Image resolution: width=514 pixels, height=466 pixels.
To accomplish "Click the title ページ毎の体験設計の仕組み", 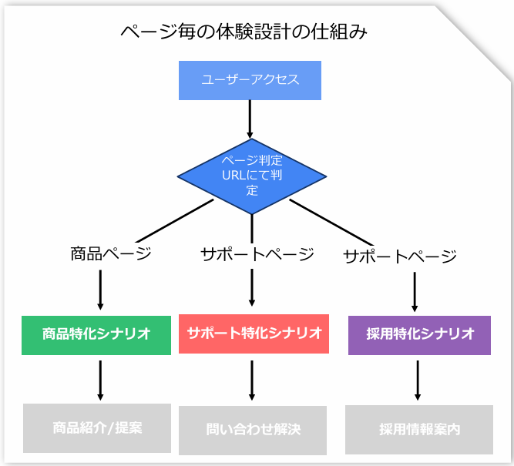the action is pos(244,32).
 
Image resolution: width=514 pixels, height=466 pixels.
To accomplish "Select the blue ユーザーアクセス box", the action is pos(250,80).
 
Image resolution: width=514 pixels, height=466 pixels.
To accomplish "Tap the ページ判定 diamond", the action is pos(252,176).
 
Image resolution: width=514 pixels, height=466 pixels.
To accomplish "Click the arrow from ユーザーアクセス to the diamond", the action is pos(250,119).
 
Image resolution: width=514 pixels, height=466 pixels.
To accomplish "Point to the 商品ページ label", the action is pos(111,253).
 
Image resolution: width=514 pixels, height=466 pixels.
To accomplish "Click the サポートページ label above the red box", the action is pos(257,254).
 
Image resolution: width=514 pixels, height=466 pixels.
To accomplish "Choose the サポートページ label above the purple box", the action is pos(400,256).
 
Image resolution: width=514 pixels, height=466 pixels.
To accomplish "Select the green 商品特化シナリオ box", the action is pos(96,335).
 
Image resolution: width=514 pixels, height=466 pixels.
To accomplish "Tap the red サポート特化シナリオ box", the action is pos(254,334).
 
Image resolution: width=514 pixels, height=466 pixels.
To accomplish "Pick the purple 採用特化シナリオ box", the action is pos(419,335).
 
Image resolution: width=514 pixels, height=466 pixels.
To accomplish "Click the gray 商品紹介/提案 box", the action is pos(97,428).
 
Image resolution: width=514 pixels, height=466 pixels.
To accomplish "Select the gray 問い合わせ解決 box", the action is pos(253,431).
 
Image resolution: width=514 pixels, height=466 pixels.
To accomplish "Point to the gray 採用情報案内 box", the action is pos(419,430).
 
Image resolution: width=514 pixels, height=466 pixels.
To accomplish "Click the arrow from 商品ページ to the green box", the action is pos(100,290).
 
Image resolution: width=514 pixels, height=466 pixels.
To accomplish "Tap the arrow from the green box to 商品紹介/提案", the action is pos(100,381).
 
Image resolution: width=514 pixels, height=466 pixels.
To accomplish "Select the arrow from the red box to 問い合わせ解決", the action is pos(252,381).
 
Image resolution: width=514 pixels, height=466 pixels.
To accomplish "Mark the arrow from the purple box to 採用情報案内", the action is pos(418,381).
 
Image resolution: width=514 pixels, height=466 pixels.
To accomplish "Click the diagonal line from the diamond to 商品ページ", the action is pos(175,221).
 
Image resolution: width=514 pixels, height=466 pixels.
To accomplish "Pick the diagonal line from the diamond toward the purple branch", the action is pos(331,223).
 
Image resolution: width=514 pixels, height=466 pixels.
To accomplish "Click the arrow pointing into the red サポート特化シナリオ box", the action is pos(252,287).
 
